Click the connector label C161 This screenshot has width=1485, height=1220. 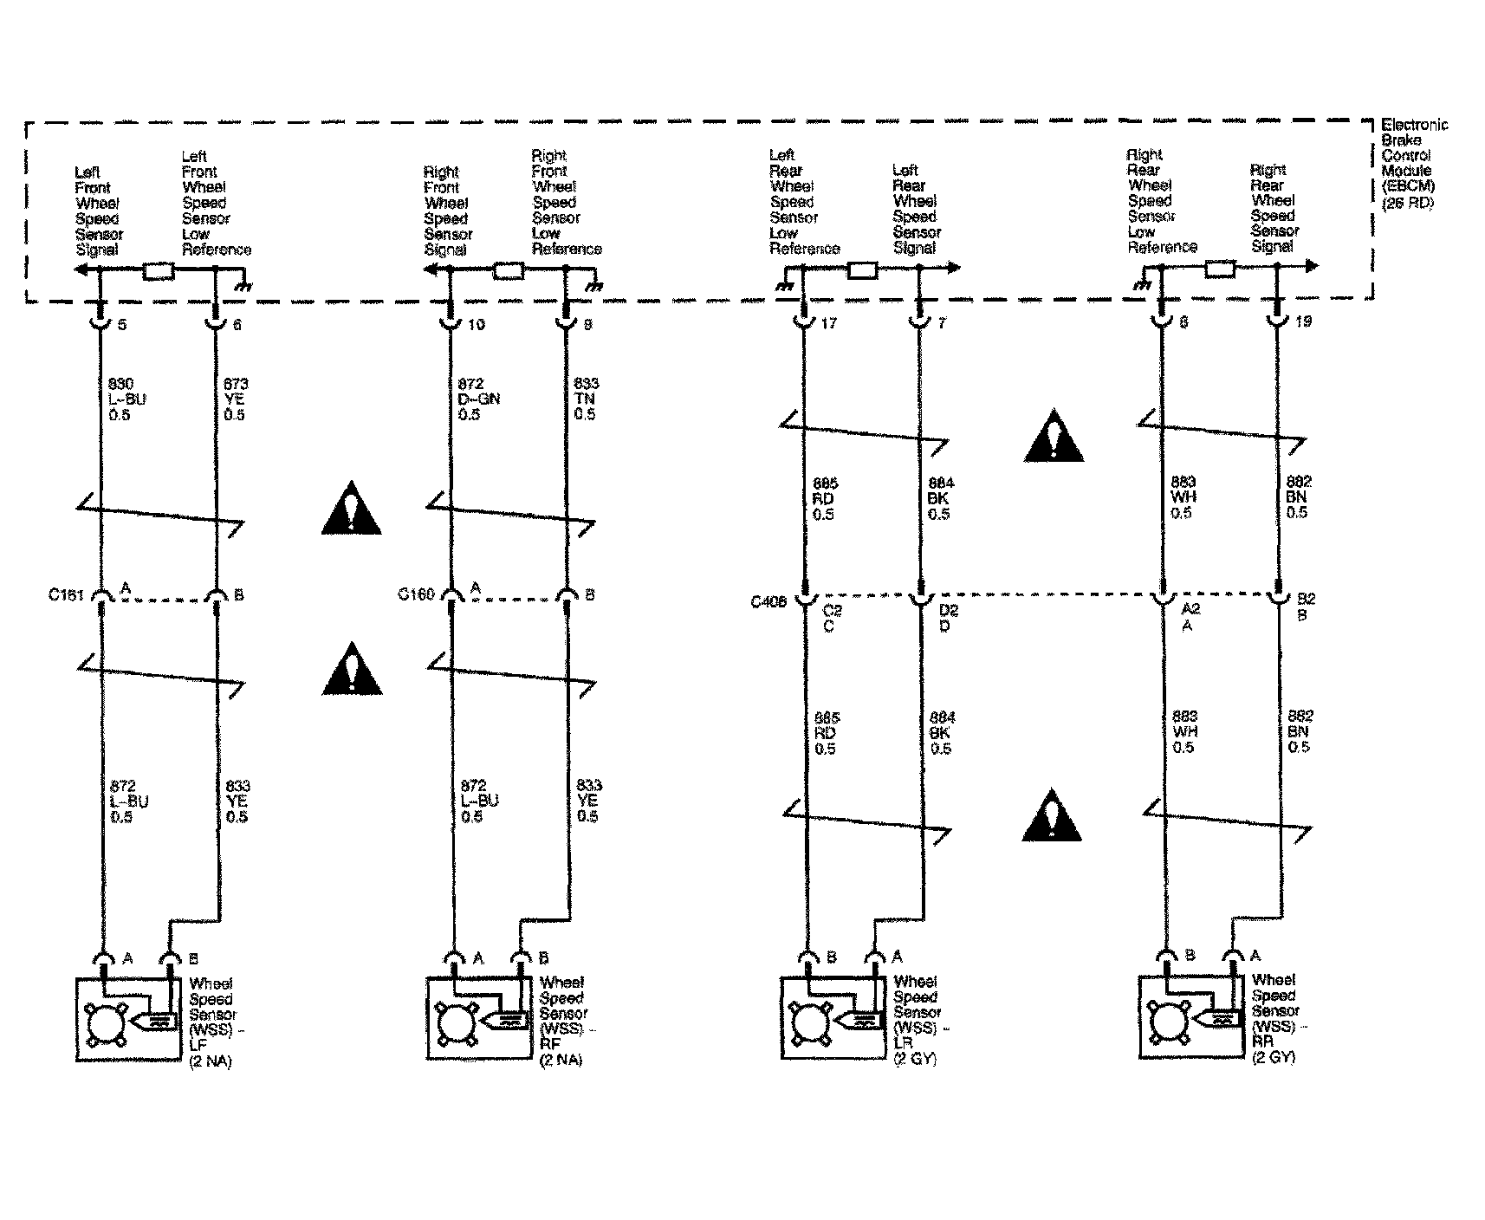pos(65,595)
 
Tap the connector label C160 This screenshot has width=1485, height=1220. pos(415,594)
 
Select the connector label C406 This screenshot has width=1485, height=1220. pos(768,601)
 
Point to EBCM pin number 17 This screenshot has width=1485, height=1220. pos(829,323)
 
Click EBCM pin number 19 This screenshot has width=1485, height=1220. pos(1302,321)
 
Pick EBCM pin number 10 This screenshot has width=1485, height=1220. pos(477,324)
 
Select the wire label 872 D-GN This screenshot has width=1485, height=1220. pos(479,399)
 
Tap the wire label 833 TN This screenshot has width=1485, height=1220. pos(587,399)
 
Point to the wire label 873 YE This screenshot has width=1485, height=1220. pos(235,399)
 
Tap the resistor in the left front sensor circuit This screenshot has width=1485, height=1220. pos(158,272)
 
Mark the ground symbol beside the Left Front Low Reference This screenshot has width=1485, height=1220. pos(243,283)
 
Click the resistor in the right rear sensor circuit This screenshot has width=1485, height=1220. pos(1220,270)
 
